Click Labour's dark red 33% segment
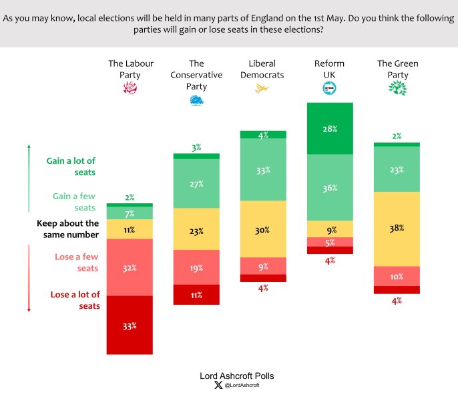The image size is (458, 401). click(130, 325)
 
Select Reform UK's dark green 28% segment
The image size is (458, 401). click(330, 128)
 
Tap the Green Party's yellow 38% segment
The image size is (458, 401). click(397, 229)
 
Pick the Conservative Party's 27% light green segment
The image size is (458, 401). click(196, 184)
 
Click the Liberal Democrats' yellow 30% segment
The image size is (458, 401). click(263, 229)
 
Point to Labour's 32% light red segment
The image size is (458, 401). click(130, 267)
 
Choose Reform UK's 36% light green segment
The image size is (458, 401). click(330, 188)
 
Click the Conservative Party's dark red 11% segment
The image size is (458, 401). click(196, 295)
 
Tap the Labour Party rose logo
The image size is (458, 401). click(130, 88)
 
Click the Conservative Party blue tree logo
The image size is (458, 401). click(196, 100)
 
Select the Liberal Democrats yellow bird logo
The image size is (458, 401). click(262, 88)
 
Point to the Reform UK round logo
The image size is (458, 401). click(329, 88)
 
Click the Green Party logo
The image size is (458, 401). click(397, 88)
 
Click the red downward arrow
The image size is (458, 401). click(29, 277)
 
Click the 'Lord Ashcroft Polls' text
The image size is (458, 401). click(237, 376)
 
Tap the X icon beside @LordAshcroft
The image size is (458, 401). click(218, 386)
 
